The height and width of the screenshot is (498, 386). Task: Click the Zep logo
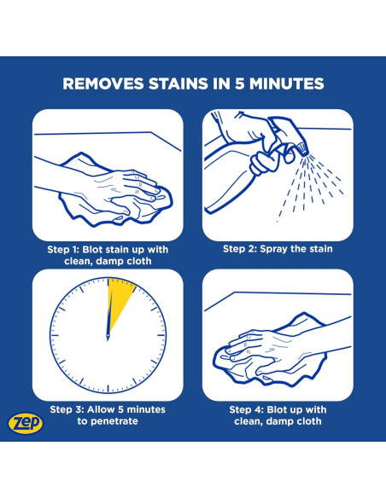(x=26, y=423)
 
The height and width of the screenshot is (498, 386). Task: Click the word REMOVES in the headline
(x=103, y=84)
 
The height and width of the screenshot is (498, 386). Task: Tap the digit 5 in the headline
(x=239, y=84)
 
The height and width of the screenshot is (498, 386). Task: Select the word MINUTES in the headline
(x=286, y=84)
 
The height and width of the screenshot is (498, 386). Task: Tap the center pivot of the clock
(x=108, y=335)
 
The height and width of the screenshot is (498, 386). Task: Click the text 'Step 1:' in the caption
(x=63, y=250)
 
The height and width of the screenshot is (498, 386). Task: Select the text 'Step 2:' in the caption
(x=239, y=249)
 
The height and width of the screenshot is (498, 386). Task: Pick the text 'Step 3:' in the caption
(x=67, y=409)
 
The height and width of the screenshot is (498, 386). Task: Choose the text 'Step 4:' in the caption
(x=247, y=409)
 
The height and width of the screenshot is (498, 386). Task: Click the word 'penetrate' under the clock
(x=114, y=421)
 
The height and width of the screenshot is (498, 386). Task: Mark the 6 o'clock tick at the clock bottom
(x=108, y=389)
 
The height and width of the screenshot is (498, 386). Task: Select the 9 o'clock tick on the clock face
(x=55, y=335)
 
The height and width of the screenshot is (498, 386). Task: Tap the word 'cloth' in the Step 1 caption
(x=139, y=261)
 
